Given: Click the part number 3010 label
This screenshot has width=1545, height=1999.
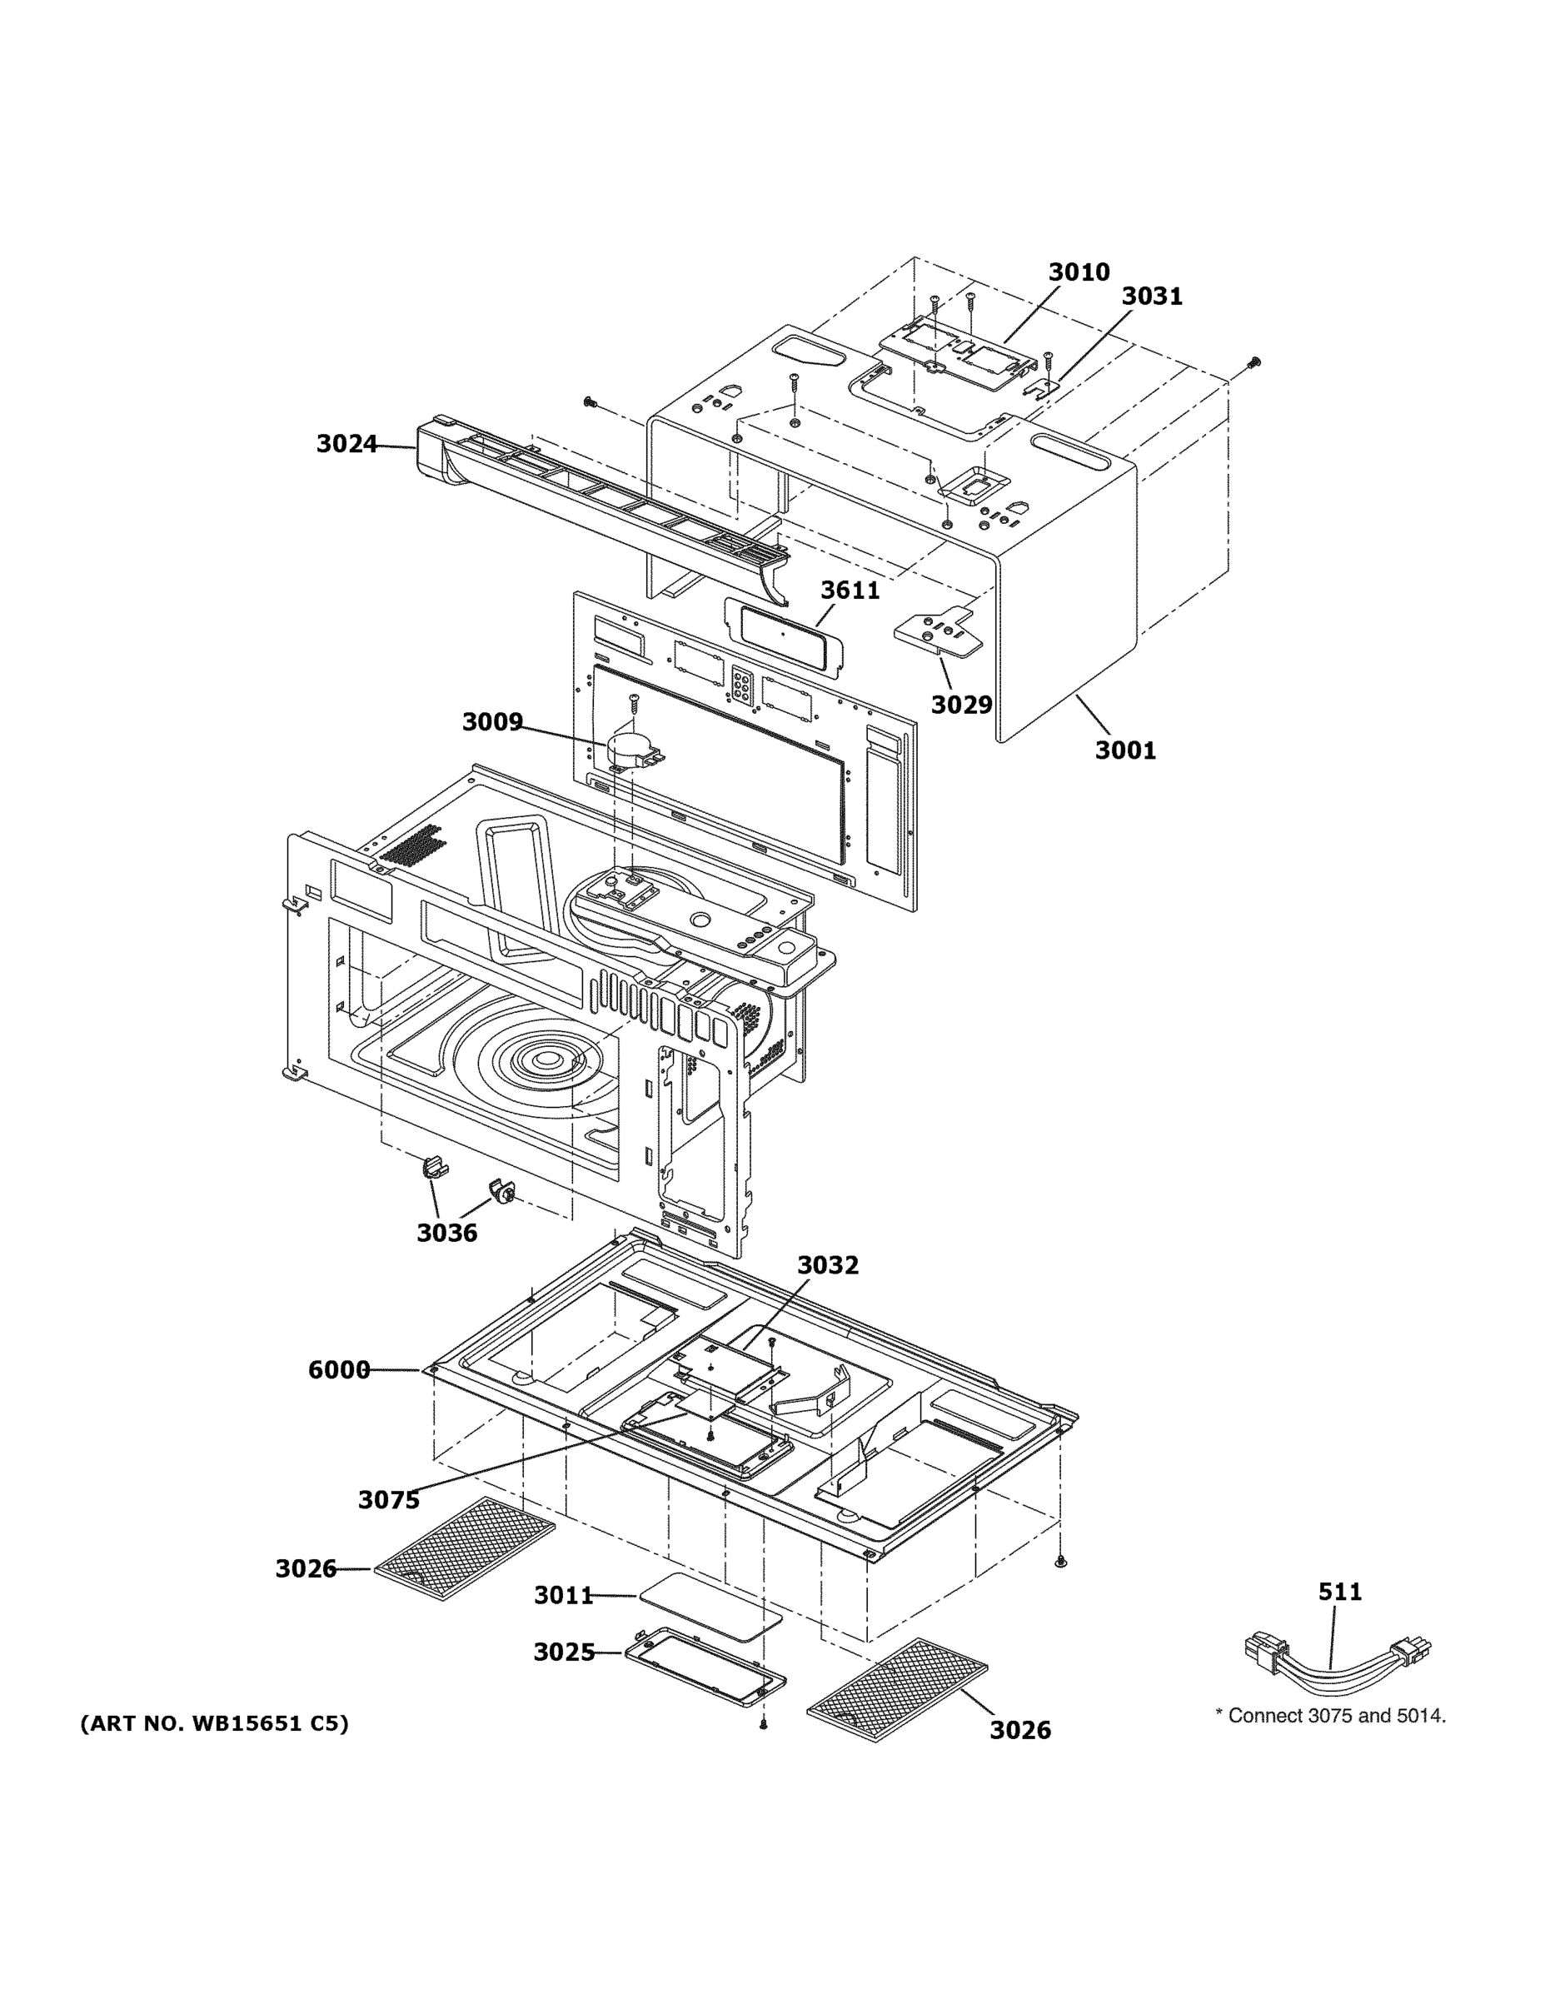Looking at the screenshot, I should click(x=1079, y=272).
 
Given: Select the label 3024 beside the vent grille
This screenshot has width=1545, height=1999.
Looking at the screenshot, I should click(x=346, y=444).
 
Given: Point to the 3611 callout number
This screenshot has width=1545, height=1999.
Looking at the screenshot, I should click(x=850, y=591).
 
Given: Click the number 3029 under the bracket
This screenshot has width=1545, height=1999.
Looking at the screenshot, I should click(x=961, y=705).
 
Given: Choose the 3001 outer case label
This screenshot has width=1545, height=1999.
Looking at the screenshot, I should click(x=1125, y=750).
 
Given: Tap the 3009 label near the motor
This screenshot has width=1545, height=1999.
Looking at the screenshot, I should click(x=491, y=722).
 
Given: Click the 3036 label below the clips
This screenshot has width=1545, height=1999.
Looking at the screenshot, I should click(x=446, y=1233).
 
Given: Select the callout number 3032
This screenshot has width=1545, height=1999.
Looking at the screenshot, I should click(x=827, y=1265).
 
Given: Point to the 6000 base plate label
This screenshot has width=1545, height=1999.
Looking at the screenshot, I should click(x=339, y=1370).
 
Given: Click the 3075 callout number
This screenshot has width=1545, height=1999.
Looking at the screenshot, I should click(x=388, y=1500).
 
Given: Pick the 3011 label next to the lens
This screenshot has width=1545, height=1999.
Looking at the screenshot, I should click(x=564, y=1596).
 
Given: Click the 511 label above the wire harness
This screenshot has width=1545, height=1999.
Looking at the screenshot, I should click(x=1339, y=1592).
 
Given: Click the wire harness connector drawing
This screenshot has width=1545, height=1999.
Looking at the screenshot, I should click(x=1336, y=1655).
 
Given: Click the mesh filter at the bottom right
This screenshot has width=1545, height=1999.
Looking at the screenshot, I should click(x=898, y=1690).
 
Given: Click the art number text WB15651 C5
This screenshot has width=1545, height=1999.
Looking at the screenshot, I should click(x=214, y=1724).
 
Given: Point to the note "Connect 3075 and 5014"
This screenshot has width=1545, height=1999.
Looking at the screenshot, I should click(x=1330, y=1716).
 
